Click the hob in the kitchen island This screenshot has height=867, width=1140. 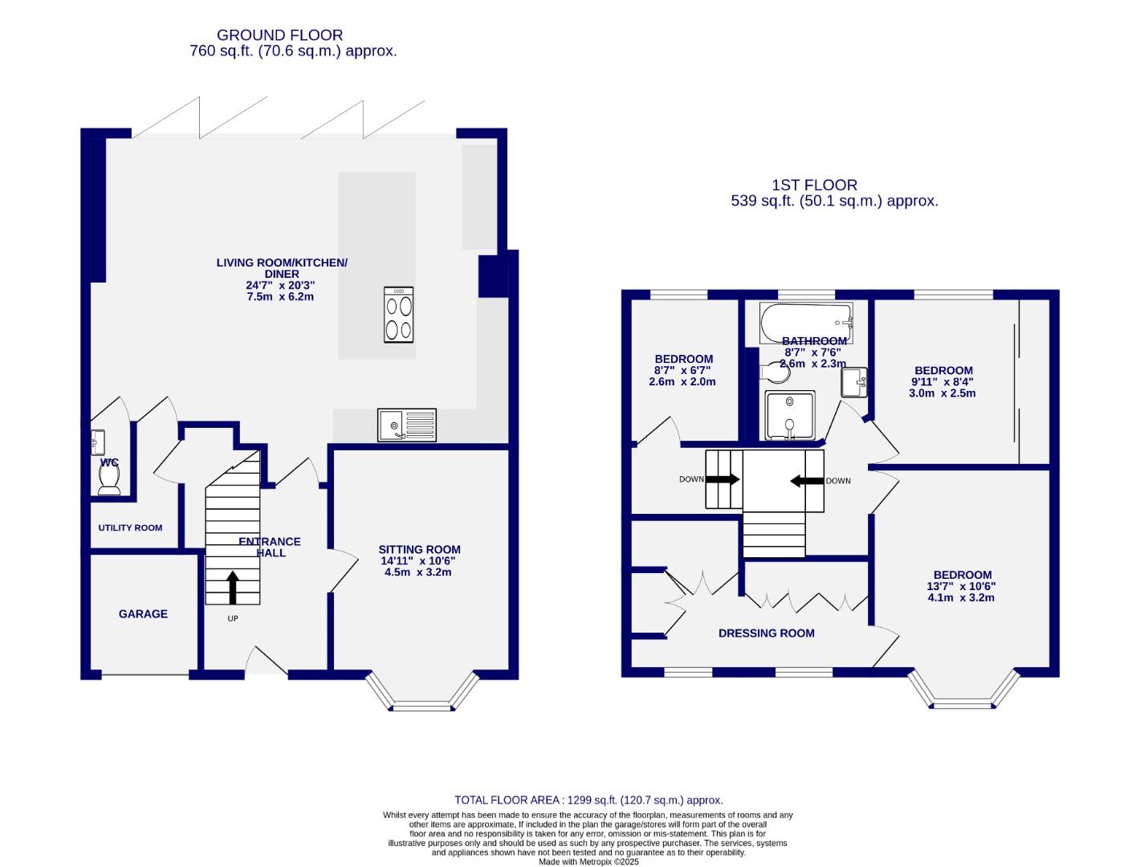[x=399, y=314]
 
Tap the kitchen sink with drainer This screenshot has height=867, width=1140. [x=407, y=425]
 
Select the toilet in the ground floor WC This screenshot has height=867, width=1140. [x=109, y=479]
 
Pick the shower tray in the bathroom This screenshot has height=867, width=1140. [x=790, y=415]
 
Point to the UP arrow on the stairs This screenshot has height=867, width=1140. [x=233, y=587]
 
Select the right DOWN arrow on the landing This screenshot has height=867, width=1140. [x=807, y=481]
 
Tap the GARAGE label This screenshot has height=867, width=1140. [x=143, y=614]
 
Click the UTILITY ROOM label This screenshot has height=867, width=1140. [x=130, y=527]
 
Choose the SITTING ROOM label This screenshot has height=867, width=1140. [x=419, y=550]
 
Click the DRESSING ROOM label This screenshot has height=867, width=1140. [x=766, y=633]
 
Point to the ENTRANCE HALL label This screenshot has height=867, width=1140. [x=270, y=547]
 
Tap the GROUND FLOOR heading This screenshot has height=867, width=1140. [x=279, y=35]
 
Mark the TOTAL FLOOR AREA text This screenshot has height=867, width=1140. [x=588, y=800]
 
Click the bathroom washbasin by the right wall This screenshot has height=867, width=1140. [x=854, y=382]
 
